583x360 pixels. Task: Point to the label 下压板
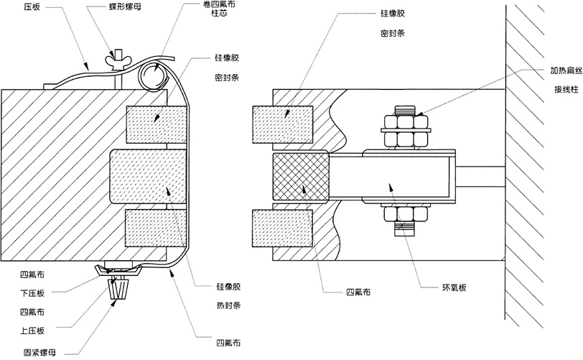(x=32, y=293)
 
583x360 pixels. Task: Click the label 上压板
(x=32, y=331)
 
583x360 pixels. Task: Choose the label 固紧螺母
(x=37, y=351)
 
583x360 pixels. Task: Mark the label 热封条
(x=229, y=305)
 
